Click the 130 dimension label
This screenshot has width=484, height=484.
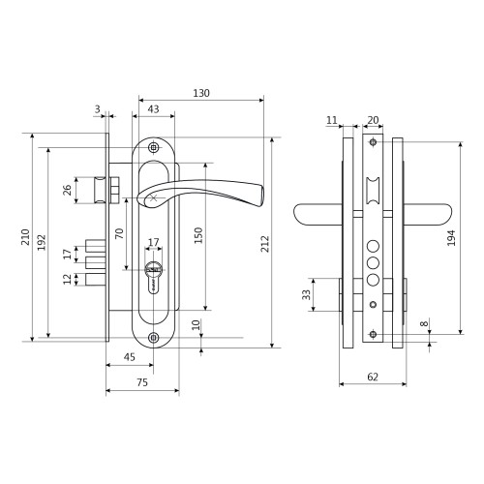click(x=201, y=93)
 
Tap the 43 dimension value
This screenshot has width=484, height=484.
click(x=153, y=109)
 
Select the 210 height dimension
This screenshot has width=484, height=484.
click(x=25, y=237)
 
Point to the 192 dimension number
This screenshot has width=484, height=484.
click(x=42, y=242)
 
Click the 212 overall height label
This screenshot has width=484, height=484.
click(x=265, y=244)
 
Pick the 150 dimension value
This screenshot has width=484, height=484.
click(x=198, y=235)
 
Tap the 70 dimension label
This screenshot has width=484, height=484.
click(x=119, y=233)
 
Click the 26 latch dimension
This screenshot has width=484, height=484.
click(x=67, y=190)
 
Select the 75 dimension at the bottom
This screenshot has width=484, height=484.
click(x=142, y=382)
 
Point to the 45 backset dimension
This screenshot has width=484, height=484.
click(x=130, y=357)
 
